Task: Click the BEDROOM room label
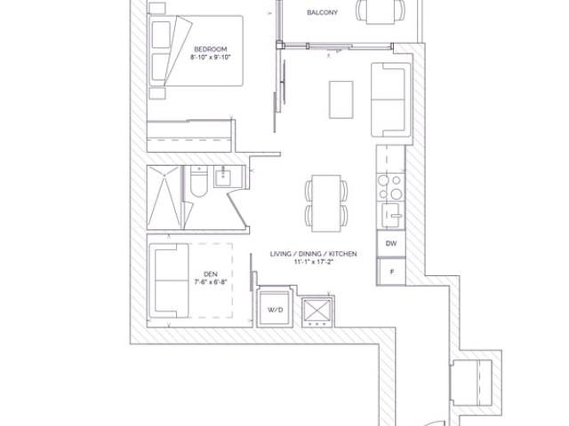point(211,49)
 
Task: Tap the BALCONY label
point(322,12)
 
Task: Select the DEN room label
point(211,274)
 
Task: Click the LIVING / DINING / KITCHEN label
point(313,254)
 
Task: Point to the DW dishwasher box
point(391,243)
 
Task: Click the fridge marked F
point(391,272)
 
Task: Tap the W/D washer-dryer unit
point(275,308)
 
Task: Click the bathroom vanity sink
point(223,177)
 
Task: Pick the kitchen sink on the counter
point(392,215)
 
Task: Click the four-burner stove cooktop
point(390,187)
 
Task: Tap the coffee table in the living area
point(341,99)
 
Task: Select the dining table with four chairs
point(326,203)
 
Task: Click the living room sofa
point(390,99)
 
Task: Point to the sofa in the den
point(169,280)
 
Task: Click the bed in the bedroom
point(196,51)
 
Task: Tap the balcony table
point(381,12)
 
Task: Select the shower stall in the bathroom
point(164,197)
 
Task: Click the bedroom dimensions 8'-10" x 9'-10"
point(211,57)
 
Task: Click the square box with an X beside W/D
point(318,311)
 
